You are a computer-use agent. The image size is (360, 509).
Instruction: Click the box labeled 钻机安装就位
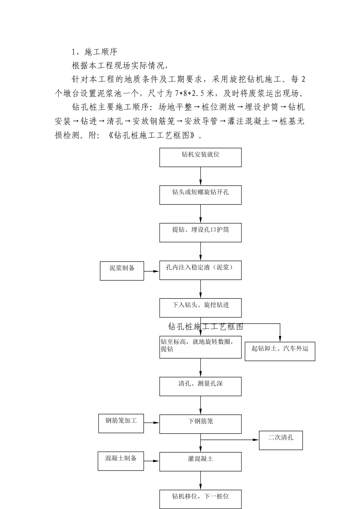coord(200,157)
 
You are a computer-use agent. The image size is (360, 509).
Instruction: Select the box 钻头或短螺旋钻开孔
coord(200,195)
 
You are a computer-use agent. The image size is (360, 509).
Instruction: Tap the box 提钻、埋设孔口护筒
coord(200,232)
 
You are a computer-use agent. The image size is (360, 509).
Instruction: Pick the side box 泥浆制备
coord(122,271)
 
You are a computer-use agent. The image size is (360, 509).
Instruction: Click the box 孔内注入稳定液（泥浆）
coord(200,270)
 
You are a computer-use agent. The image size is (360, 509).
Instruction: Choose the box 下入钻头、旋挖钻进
coord(200,308)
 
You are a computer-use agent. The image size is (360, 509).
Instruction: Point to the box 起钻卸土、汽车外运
coord(280,351)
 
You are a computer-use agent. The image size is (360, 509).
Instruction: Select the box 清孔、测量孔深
coord(200,386)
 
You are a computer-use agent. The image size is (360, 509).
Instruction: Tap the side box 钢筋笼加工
coord(121,423)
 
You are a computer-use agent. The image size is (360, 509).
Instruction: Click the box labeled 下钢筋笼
coord(200,424)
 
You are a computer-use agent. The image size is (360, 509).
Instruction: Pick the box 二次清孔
coord(281,440)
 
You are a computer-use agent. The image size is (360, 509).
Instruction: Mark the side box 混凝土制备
coord(121,461)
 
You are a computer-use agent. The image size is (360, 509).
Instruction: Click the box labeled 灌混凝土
coord(200,461)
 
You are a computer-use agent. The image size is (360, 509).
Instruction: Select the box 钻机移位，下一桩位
coord(200,499)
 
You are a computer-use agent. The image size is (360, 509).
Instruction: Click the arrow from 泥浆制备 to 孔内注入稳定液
coord(152,271)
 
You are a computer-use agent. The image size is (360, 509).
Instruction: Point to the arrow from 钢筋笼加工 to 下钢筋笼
coord(152,423)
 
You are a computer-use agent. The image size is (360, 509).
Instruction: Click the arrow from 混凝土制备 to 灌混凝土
coord(152,461)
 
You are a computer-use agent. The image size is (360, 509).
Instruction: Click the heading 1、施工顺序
coord(95,52)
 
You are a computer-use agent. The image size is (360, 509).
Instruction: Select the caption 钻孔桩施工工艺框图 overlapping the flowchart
coord(205,326)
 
